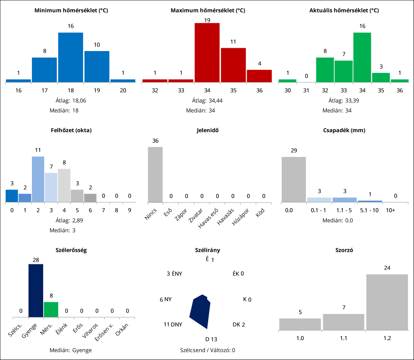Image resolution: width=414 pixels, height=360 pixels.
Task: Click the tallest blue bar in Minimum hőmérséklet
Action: [x=71, y=57]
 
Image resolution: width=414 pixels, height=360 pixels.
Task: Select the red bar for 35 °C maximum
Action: [x=233, y=65]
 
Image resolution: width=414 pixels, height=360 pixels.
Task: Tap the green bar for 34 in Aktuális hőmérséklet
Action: [x=362, y=57]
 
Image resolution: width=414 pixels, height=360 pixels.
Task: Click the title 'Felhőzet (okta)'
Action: [x=71, y=130]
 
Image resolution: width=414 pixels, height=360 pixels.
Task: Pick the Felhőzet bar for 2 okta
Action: [x=38, y=179]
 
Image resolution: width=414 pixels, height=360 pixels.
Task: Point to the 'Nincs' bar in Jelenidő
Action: [x=155, y=174]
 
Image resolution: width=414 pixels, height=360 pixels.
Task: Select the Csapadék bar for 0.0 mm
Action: [x=294, y=179]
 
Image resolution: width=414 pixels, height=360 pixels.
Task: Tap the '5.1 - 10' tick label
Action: [x=369, y=210]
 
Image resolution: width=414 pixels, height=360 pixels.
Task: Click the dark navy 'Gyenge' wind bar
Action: [x=36, y=291]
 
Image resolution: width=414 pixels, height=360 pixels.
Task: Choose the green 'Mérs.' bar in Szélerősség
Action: [x=51, y=310]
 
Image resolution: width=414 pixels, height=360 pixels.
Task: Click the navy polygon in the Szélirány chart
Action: [x=200, y=312]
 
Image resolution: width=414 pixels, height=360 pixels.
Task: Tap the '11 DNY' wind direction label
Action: [x=173, y=324]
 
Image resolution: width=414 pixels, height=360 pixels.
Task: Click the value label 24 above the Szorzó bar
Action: [x=387, y=268]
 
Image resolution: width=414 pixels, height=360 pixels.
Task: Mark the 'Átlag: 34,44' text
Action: [x=207, y=100]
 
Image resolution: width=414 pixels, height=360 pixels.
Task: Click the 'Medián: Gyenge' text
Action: [x=71, y=350]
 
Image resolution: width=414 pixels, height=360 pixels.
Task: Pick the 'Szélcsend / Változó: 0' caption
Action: [x=207, y=350]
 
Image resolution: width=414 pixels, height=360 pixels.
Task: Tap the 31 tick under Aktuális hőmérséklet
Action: [x=306, y=90]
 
